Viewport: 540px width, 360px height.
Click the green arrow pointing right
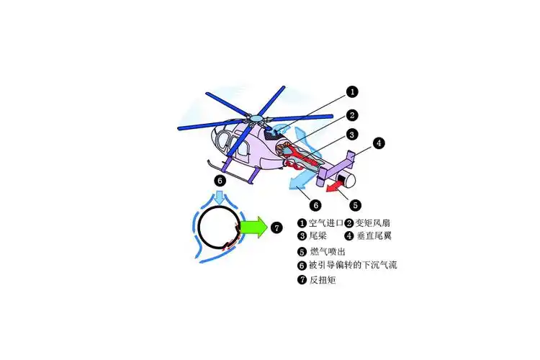click(x=253, y=228)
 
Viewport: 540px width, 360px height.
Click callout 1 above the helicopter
click(x=351, y=91)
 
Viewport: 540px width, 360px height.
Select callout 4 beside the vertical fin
click(x=379, y=143)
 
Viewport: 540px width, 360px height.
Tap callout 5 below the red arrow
click(x=355, y=204)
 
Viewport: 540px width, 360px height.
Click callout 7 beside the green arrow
click(x=277, y=228)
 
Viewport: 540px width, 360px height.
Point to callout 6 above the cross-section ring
click(x=220, y=180)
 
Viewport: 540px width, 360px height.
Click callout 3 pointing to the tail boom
click(x=351, y=134)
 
